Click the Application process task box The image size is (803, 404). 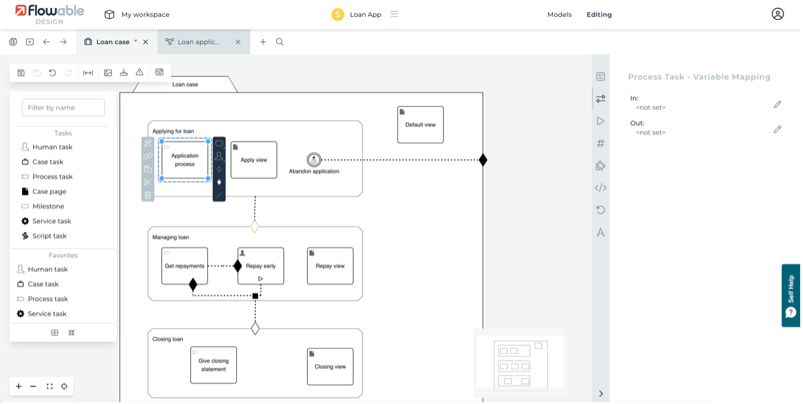click(x=185, y=160)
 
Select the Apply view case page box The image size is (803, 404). click(x=254, y=160)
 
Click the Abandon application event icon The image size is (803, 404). click(x=314, y=160)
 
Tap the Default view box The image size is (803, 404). click(x=420, y=125)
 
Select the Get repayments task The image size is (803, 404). click(x=185, y=266)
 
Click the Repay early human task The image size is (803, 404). click(x=261, y=266)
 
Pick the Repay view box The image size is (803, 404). click(x=330, y=266)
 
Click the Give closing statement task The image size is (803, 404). click(x=214, y=365)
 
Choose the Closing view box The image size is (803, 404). click(x=330, y=367)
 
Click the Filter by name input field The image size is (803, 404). click(x=63, y=107)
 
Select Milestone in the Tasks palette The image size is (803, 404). click(x=48, y=206)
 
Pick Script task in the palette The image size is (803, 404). click(x=49, y=236)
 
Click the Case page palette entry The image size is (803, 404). click(x=49, y=192)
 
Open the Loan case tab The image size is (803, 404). click(x=113, y=42)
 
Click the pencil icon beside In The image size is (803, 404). click(x=777, y=104)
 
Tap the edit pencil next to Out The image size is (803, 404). click(x=777, y=129)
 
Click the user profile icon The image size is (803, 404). click(x=777, y=15)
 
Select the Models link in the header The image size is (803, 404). click(x=559, y=15)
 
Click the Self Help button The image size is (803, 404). click(x=791, y=295)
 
